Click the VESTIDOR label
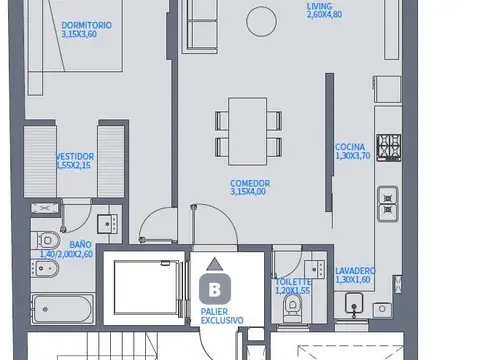pos(75,156)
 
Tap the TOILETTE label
pos(293,282)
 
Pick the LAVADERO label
pos(356,270)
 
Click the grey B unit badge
pos(214,290)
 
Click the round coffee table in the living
pos(263,19)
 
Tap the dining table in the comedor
pos(247,130)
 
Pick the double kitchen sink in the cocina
pos(386,204)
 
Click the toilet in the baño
pos(46,240)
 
